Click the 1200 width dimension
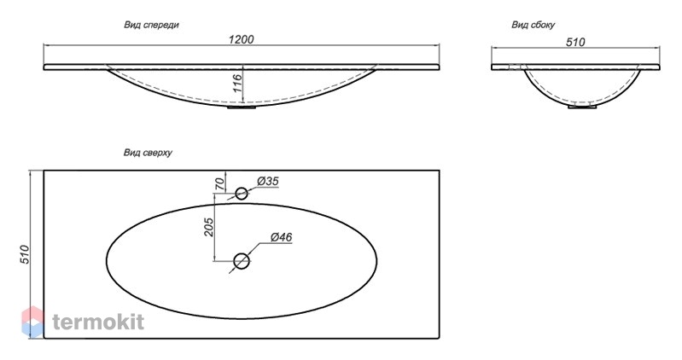[x=241, y=39]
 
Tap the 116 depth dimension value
[x=237, y=83]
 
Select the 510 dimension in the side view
[x=575, y=42]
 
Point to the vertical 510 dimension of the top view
[x=25, y=254]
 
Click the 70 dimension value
[x=220, y=184]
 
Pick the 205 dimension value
[x=209, y=227]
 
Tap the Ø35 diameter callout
[x=267, y=181]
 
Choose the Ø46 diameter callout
[x=281, y=237]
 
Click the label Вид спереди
[x=151, y=25]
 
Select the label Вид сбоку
[x=533, y=25]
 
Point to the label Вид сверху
[x=148, y=153]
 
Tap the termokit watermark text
[x=98, y=322]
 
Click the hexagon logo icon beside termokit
[x=32, y=322]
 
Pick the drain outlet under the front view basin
[x=242, y=107]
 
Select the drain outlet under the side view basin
[x=582, y=106]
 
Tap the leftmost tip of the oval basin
[x=107, y=260]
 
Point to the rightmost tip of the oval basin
[x=376, y=261]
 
